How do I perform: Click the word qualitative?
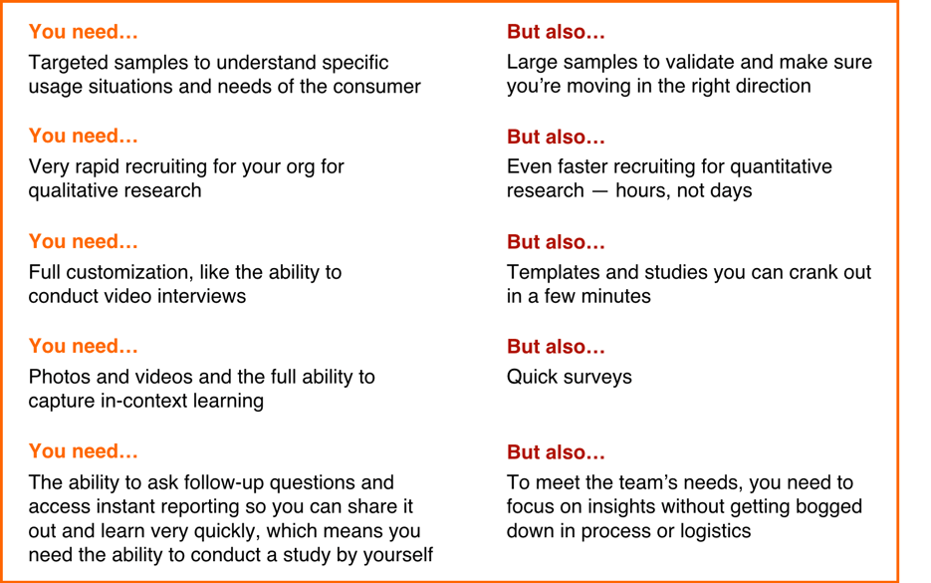(71, 191)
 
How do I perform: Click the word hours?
(645, 190)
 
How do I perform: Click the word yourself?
(398, 555)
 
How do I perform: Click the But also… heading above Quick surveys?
(556, 347)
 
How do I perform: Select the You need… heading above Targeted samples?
(83, 32)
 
